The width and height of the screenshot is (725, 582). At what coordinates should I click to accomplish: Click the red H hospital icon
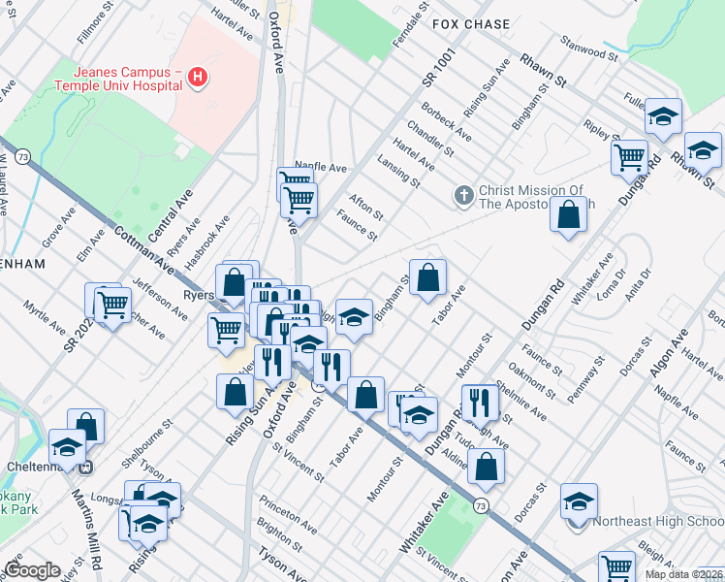[x=199, y=77]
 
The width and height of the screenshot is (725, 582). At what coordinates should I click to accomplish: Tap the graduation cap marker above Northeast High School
[x=579, y=501]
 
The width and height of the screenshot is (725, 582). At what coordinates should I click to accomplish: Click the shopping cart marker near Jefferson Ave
[x=113, y=305]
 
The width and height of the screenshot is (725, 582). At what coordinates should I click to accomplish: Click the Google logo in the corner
[x=32, y=570]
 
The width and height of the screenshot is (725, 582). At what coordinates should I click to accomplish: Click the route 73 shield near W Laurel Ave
[x=22, y=156]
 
